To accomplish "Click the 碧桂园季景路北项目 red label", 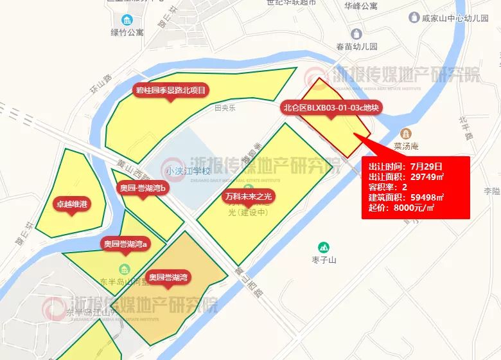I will (x=170, y=91).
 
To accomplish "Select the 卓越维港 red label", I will (x=71, y=204).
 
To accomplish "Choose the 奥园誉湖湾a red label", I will (x=125, y=244).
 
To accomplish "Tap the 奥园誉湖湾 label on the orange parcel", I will (x=168, y=277).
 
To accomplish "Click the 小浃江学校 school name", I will (x=188, y=171).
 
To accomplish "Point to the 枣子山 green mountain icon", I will (x=324, y=247).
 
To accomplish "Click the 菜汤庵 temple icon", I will (x=406, y=133).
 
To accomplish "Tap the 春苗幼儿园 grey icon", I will (x=356, y=33).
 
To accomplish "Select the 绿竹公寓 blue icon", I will (x=127, y=20).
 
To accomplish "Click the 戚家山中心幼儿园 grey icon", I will (x=414, y=17).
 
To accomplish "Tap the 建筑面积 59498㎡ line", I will (x=406, y=197).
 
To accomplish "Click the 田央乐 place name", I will (x=225, y=108).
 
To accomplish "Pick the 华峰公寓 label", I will (x=360, y=6).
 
